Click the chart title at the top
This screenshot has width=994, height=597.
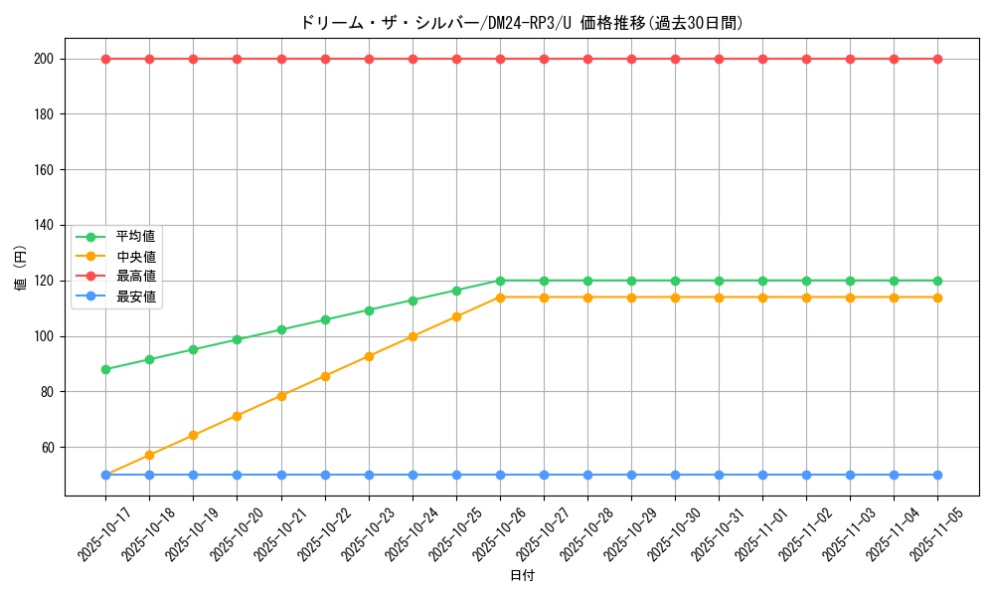[x=521, y=23]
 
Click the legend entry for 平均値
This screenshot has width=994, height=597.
[x=135, y=237]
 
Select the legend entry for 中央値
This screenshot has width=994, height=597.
[x=135, y=257]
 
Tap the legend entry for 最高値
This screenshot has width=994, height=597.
[x=135, y=277]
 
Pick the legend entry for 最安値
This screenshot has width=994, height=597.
[x=135, y=297]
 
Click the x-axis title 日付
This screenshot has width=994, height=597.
[x=522, y=576]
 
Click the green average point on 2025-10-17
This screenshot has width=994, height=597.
[x=105, y=369]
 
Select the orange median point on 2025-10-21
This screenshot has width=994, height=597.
[x=281, y=396]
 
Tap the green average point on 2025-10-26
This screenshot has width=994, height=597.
[x=500, y=281]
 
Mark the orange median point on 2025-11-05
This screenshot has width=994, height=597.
[x=937, y=298]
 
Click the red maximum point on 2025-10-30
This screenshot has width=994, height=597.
[x=675, y=59]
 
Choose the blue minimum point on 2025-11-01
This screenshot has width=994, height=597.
[x=762, y=475]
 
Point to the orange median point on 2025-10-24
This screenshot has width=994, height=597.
[x=413, y=336]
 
